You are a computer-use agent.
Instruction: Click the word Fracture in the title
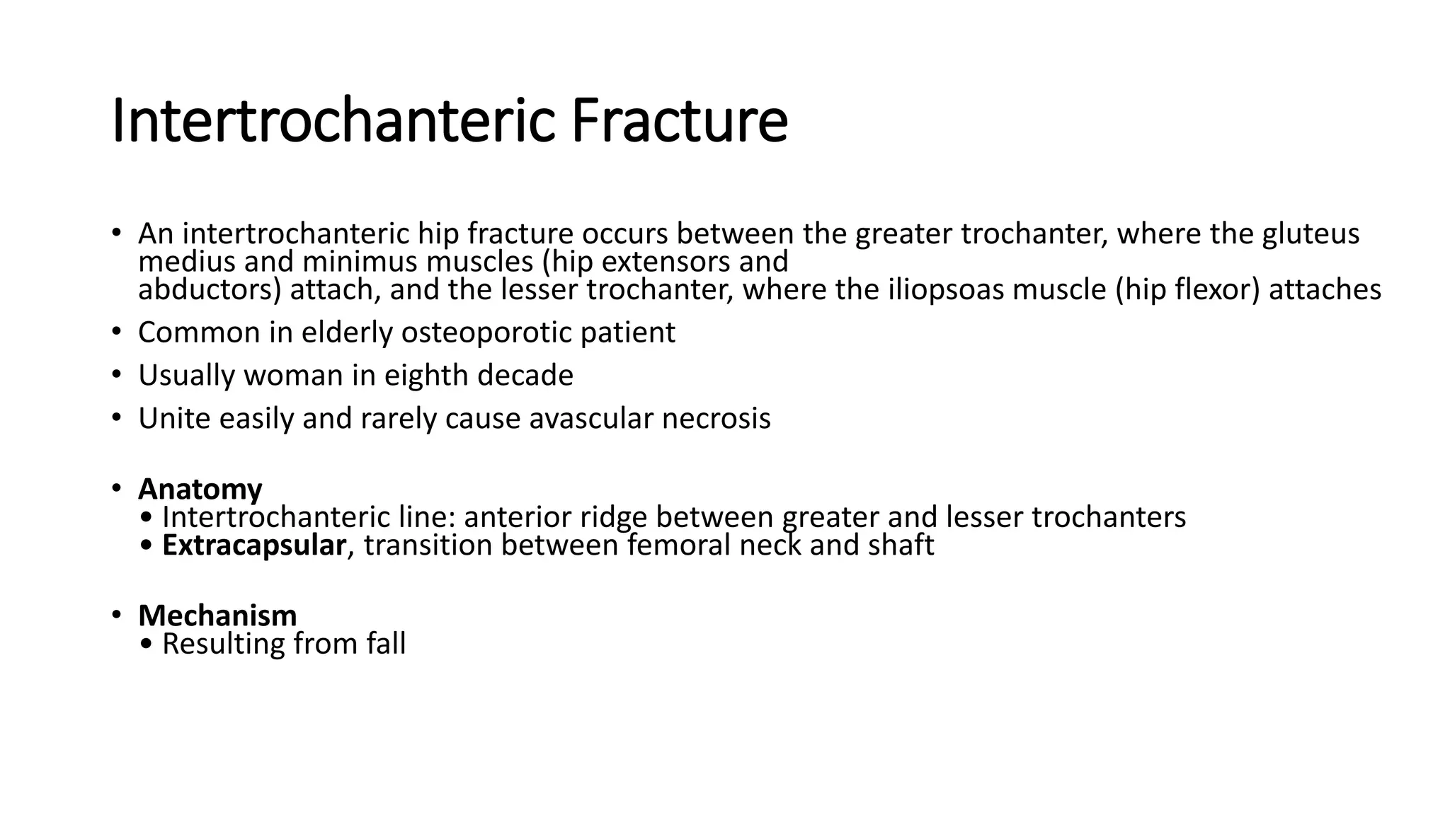pyautogui.click(x=678, y=122)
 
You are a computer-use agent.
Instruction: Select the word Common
pyautogui.click(x=199, y=333)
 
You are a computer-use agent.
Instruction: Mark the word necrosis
pyautogui.click(x=716, y=418)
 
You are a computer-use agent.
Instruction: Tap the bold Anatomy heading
pyautogui.click(x=200, y=489)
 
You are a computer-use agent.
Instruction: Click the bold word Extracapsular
pyautogui.click(x=254, y=545)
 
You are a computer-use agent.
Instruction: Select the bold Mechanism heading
pyautogui.click(x=217, y=615)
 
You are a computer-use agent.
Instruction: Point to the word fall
pyautogui.click(x=386, y=644)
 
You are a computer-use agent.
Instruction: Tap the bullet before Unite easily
pyautogui.click(x=116, y=417)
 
